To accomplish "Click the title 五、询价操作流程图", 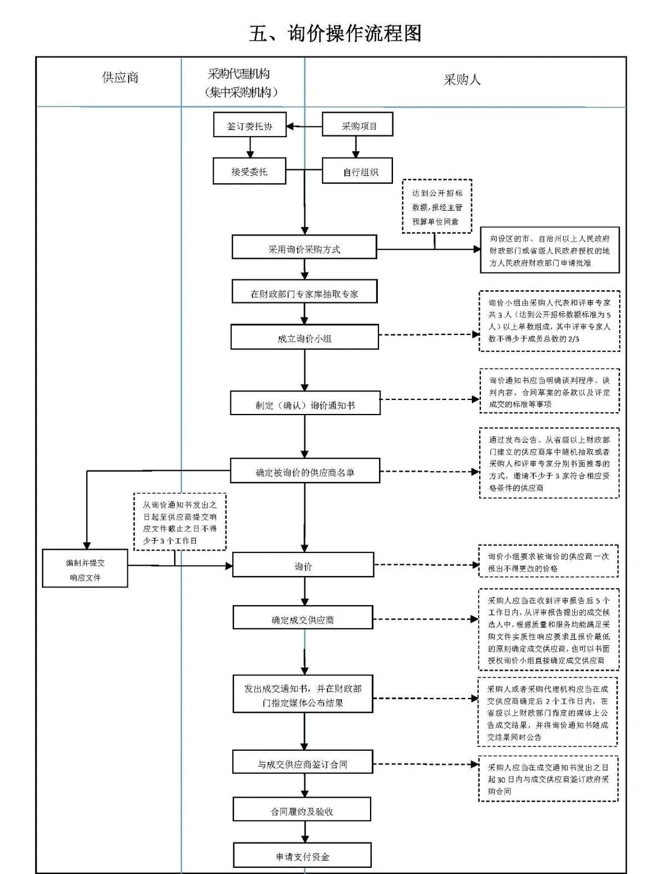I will pyautogui.click(x=335, y=33).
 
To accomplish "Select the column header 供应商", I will pyautogui.click(x=120, y=78).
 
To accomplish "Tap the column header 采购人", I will pyautogui.click(x=462, y=80).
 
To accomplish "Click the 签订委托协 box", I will pyautogui.click(x=249, y=126).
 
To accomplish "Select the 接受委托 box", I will pyautogui.click(x=249, y=172).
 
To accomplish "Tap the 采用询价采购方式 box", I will pyautogui.click(x=304, y=249).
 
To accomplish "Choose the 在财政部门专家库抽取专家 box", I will pyautogui.click(x=304, y=293).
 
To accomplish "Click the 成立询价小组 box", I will pyautogui.click(x=304, y=338).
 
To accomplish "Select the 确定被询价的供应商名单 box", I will pyautogui.click(x=304, y=472).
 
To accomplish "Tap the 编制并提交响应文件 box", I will pyautogui.click(x=85, y=569).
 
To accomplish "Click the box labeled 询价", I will pyautogui.click(x=303, y=566).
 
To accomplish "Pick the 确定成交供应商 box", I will pyautogui.click(x=303, y=619).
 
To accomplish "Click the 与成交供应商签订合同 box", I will pyautogui.click(x=302, y=764).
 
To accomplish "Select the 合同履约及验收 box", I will pyautogui.click(x=302, y=811).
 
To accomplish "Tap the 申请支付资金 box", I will pyautogui.click(x=302, y=856).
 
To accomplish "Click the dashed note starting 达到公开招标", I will pyautogui.click(x=437, y=207).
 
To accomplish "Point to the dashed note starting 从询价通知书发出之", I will pyautogui.click(x=180, y=522).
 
